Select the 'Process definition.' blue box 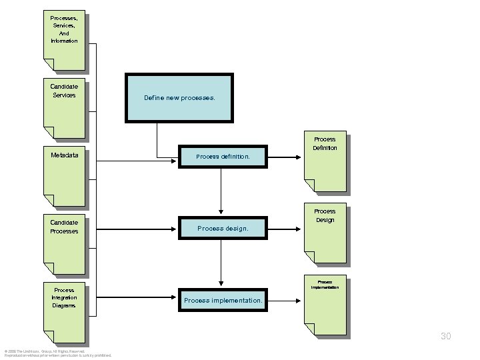pyautogui.click(x=222, y=157)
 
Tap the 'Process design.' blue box pyautogui.click(x=222, y=228)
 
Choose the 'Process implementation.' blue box pyautogui.click(x=222, y=301)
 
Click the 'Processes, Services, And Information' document pyautogui.click(x=64, y=41)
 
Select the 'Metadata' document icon pyautogui.click(x=64, y=177)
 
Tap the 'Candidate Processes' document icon pyautogui.click(x=64, y=247)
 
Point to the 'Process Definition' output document pyautogui.click(x=325, y=164)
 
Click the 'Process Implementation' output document pyautogui.click(x=325, y=307)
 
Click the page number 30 pyautogui.click(x=445, y=337)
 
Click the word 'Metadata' pyautogui.click(x=64, y=155)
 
